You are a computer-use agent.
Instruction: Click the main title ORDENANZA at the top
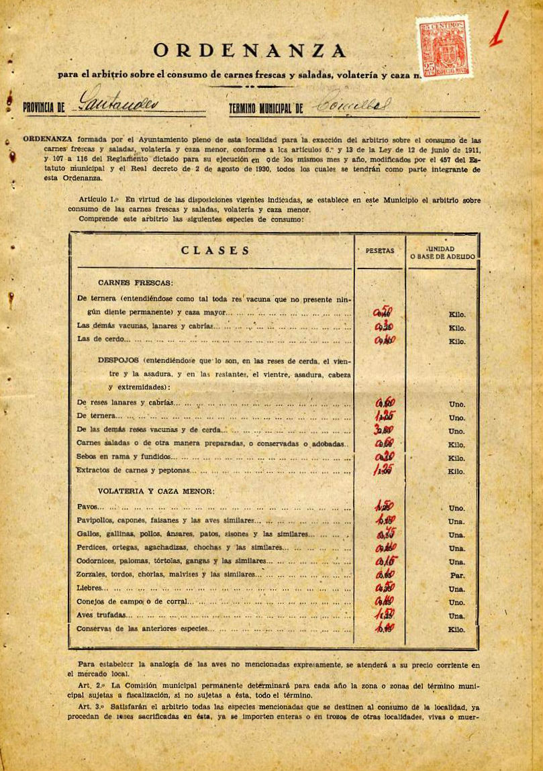pos(250,50)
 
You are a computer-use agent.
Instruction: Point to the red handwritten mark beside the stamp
pos(499,30)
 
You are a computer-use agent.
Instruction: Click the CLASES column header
pos(215,251)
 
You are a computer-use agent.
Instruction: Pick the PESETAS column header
pos(380,250)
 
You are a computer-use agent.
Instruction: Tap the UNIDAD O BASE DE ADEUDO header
pos(443,253)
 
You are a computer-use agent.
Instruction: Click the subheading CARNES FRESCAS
pos(136,282)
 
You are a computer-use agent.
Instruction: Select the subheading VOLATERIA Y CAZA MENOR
pos(156,491)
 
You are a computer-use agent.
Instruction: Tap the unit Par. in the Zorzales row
pos(457,576)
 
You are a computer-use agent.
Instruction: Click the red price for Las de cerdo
pos(385,340)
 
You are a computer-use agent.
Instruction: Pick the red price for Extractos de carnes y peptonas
pos(383,470)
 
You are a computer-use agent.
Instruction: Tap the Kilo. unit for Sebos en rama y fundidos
pos(456,458)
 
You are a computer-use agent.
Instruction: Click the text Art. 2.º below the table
pos(92,685)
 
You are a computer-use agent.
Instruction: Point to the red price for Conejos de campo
pos(385,601)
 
